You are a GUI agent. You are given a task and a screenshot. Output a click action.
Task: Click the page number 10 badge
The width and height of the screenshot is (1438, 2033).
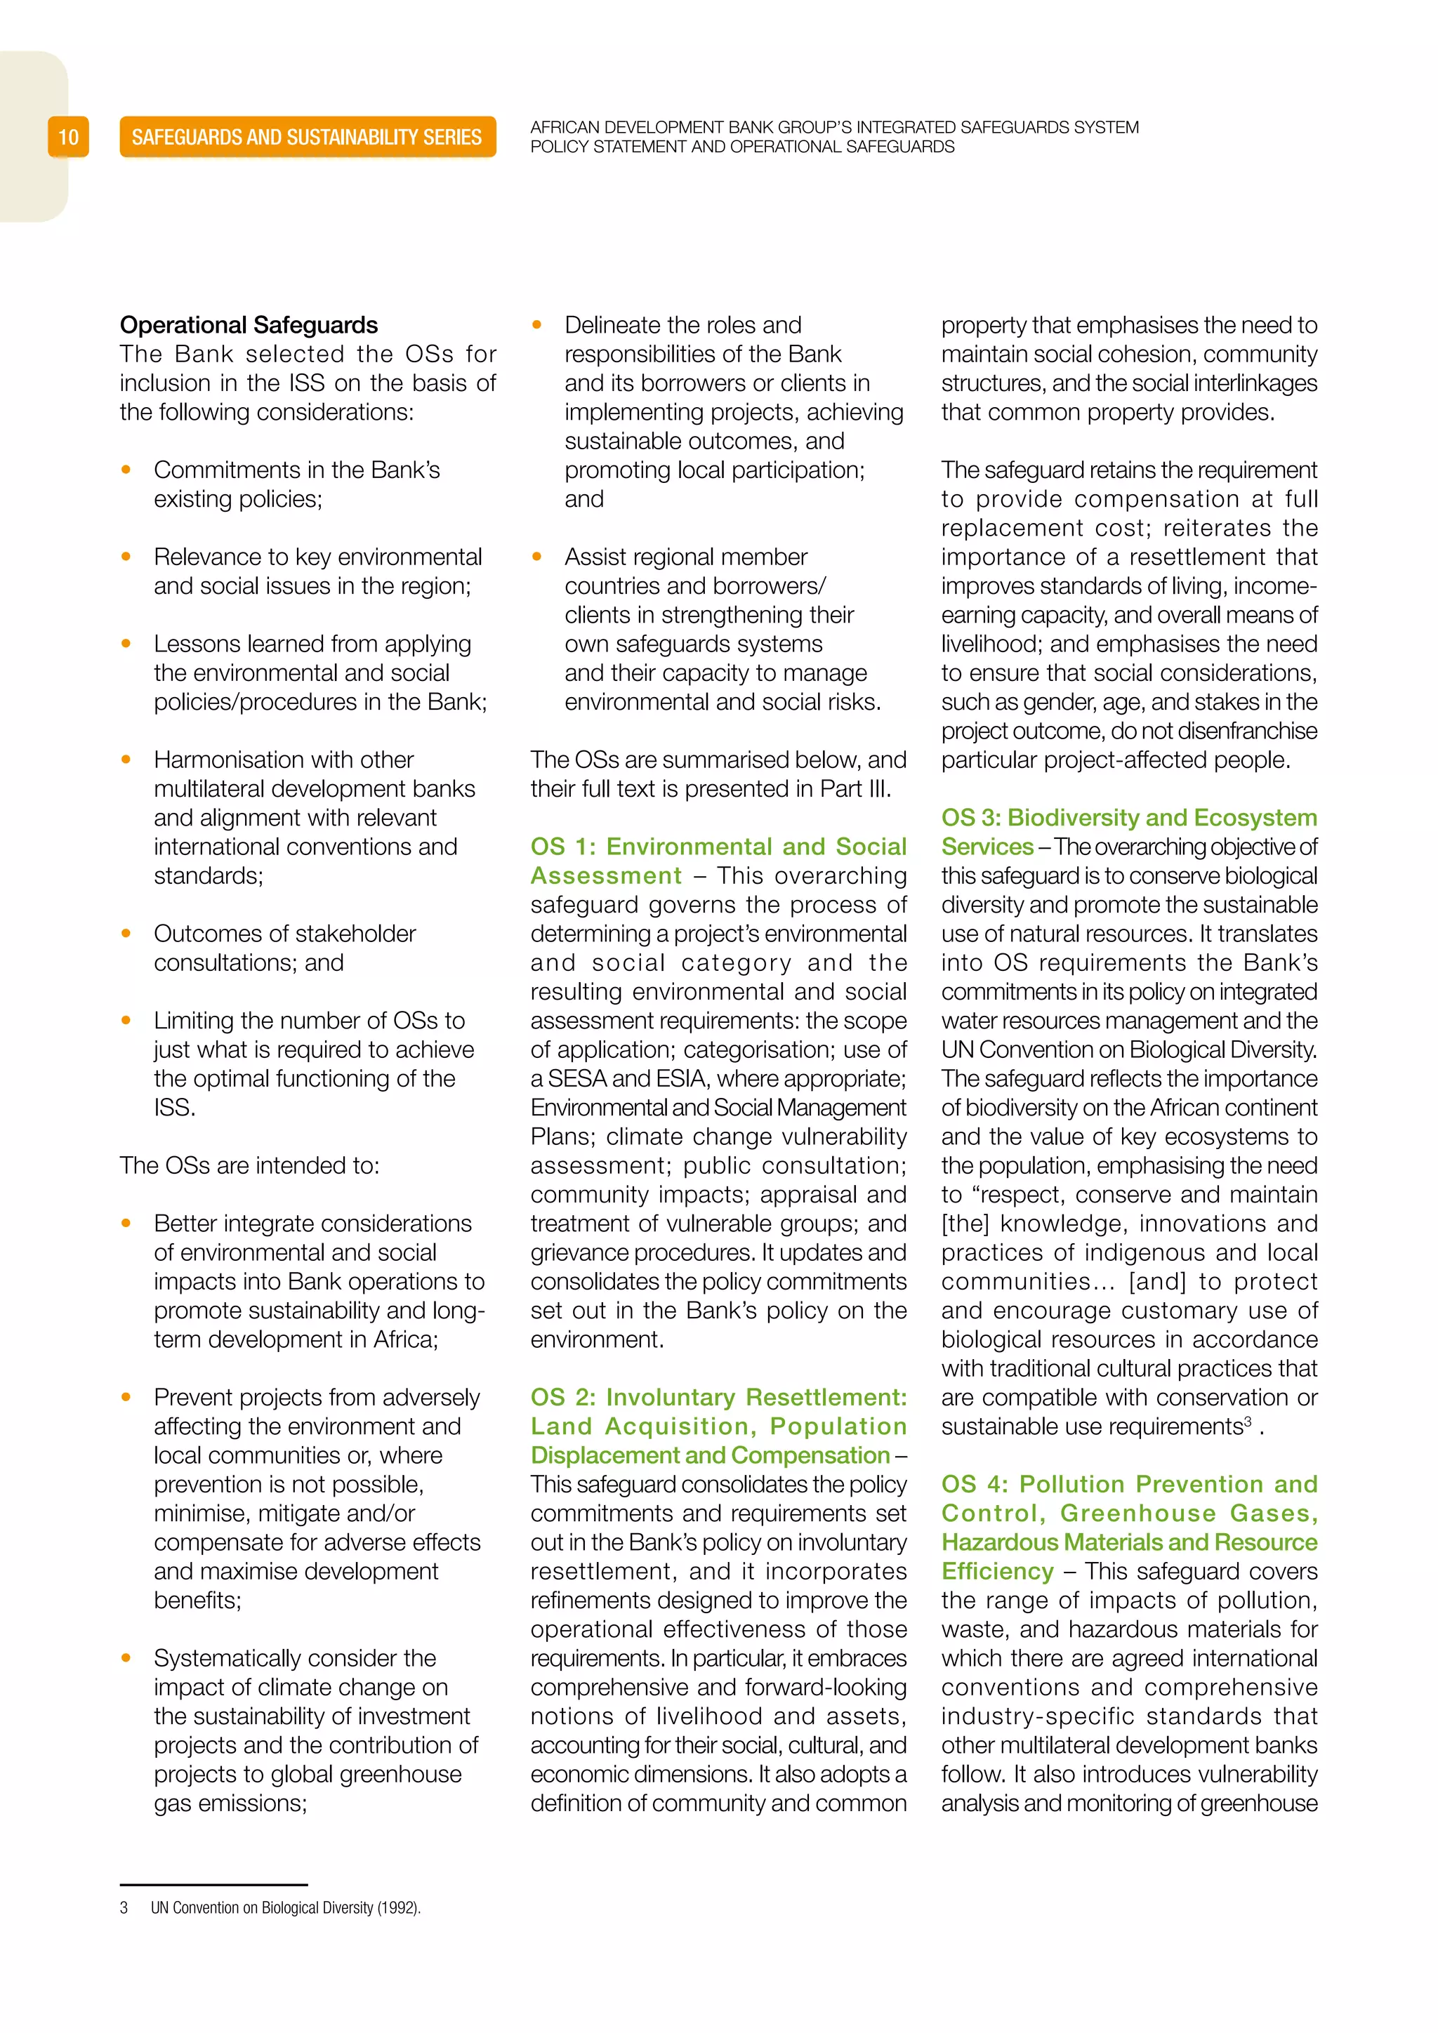click(x=68, y=138)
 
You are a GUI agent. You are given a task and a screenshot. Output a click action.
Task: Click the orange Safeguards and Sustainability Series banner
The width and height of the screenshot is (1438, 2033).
click(x=308, y=138)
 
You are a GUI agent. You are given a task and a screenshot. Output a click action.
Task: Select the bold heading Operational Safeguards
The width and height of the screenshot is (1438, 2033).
click(x=249, y=325)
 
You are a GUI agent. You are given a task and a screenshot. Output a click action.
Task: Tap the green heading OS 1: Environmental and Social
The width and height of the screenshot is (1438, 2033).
click(x=718, y=847)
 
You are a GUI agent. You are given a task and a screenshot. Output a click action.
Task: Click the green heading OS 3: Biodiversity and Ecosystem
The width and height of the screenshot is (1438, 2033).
click(x=1129, y=817)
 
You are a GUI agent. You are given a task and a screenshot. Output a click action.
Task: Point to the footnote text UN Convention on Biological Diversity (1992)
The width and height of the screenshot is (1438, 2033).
click(x=285, y=1907)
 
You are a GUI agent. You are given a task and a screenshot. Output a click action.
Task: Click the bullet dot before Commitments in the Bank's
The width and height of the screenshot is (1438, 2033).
click(x=126, y=470)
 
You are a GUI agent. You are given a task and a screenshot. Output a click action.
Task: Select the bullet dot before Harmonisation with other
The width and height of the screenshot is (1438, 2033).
click(x=126, y=760)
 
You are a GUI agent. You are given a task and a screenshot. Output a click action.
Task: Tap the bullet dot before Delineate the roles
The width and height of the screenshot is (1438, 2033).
click(x=536, y=325)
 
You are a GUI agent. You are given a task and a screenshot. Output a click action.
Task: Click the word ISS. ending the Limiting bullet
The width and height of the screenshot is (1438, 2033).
click(x=174, y=1108)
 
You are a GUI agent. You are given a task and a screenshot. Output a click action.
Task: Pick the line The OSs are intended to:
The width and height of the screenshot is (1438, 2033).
click(x=250, y=1165)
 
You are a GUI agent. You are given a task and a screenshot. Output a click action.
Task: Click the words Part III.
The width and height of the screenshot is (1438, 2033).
click(x=855, y=789)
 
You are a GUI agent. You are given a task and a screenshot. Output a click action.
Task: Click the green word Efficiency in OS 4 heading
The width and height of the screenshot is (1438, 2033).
click(x=997, y=1572)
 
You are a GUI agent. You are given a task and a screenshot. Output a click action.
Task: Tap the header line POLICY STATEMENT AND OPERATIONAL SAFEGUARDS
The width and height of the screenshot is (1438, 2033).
click(x=742, y=147)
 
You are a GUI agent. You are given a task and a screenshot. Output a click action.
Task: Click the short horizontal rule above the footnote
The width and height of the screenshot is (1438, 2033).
click(x=213, y=1885)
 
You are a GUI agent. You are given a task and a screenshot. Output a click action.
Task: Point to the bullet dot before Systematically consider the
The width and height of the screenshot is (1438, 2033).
click(x=126, y=1657)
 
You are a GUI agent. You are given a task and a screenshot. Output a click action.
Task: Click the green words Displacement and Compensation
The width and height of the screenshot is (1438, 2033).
click(x=709, y=1456)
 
